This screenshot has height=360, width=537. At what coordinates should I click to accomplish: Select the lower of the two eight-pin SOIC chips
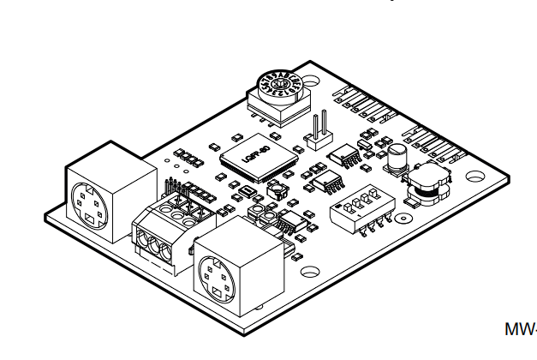click(x=326, y=182)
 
